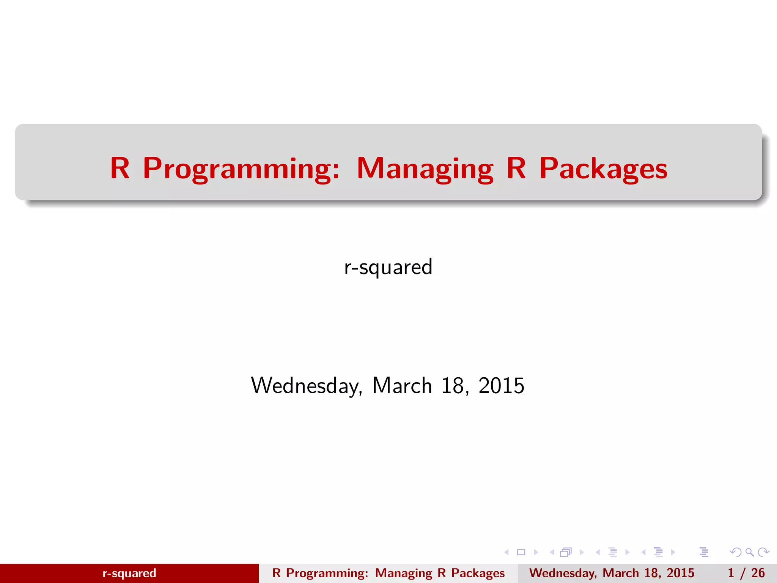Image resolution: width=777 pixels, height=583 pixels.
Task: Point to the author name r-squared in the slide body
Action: [388, 267]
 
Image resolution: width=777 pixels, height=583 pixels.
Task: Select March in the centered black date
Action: [402, 386]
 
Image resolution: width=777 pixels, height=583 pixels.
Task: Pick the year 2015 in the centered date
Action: [501, 386]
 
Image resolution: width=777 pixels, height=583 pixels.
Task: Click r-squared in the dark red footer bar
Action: [129, 573]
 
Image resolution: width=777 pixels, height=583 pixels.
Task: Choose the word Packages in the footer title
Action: [478, 573]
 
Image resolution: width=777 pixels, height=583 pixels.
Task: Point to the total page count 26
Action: [758, 573]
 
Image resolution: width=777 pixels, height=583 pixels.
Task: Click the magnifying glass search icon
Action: [749, 552]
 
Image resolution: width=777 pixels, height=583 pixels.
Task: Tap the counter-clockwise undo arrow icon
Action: [736, 552]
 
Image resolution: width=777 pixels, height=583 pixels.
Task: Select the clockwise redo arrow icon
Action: [763, 552]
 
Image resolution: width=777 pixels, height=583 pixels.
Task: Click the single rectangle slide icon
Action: [521, 552]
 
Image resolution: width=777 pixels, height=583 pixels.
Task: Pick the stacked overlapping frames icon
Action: [566, 552]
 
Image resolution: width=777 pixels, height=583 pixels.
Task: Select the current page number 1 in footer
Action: [731, 573]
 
